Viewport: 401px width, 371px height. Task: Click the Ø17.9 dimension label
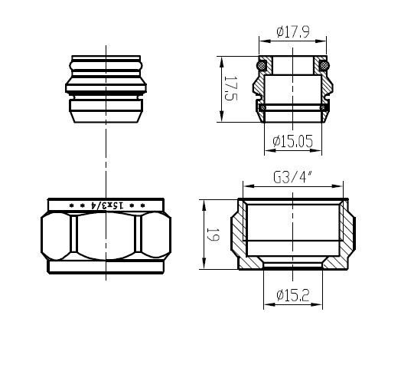coord(293,32)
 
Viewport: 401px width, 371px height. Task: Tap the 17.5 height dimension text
coord(231,88)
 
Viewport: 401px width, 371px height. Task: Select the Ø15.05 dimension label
coord(292,141)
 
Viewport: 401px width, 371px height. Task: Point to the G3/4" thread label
coord(292,177)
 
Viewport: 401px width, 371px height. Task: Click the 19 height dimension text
coord(213,235)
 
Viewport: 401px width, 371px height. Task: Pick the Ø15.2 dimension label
coord(293,295)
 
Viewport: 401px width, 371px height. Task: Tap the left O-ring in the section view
coord(262,65)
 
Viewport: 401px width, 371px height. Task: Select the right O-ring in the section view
coord(324,65)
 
